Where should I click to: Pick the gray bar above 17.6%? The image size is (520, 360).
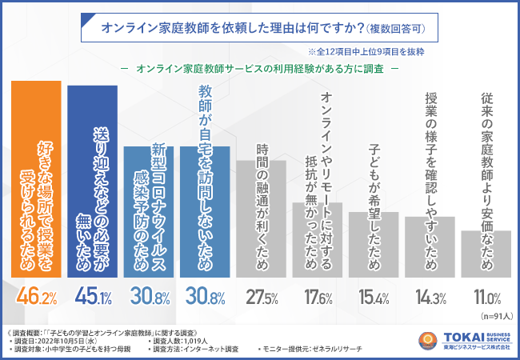click(x=318, y=240)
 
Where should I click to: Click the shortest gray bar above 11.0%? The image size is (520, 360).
click(x=486, y=254)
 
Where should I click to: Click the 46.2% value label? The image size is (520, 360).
click(x=34, y=299)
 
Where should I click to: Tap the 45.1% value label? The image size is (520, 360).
click(x=92, y=299)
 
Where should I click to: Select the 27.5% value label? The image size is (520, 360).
click(x=262, y=299)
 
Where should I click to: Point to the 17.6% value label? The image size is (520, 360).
click(x=318, y=299)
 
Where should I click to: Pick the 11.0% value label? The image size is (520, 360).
click(x=486, y=299)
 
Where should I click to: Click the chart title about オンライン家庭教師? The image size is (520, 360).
click(x=260, y=28)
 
